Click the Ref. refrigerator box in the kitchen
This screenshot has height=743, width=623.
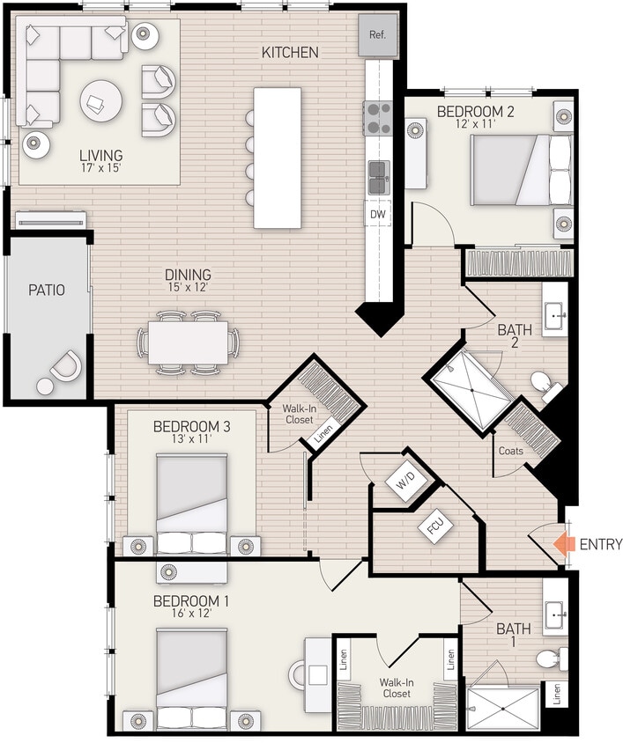tap(377, 35)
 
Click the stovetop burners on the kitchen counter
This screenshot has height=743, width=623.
tap(379, 117)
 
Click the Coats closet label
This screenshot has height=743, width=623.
tap(510, 451)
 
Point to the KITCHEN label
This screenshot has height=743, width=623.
tap(290, 53)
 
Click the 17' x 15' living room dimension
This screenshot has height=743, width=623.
tap(99, 166)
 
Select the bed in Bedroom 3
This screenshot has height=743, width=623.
tap(192, 504)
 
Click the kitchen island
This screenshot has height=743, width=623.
tap(278, 158)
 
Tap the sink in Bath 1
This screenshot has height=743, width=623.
tap(555, 617)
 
